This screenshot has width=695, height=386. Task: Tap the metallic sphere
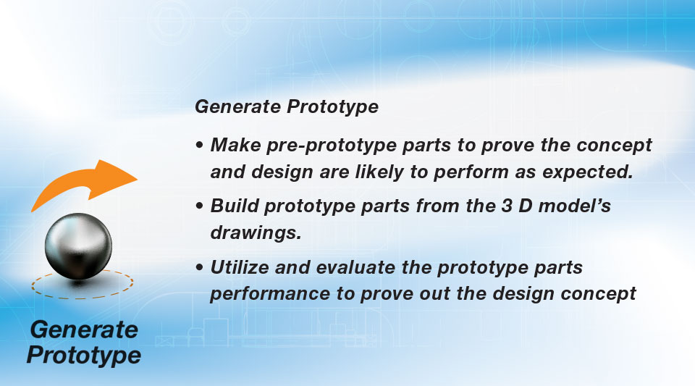click(x=78, y=246)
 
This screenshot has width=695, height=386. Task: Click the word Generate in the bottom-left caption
click(x=84, y=330)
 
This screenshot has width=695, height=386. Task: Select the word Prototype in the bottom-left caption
click(x=84, y=356)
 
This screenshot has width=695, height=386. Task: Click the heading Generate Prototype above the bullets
click(x=287, y=106)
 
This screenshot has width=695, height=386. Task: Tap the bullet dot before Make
click(x=200, y=145)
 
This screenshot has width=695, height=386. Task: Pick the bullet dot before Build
click(x=200, y=206)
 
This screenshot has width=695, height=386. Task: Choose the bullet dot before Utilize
click(x=200, y=267)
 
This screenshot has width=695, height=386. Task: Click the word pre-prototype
click(x=332, y=146)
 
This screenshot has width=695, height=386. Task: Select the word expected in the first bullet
click(x=587, y=172)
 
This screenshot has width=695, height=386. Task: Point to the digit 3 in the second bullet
click(x=507, y=206)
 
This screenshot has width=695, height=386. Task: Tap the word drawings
click(x=256, y=232)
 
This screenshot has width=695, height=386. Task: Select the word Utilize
click(x=240, y=267)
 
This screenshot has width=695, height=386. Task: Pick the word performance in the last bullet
click(x=270, y=294)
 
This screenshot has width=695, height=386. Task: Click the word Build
click(x=234, y=206)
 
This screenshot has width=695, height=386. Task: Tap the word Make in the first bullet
click(x=236, y=145)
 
